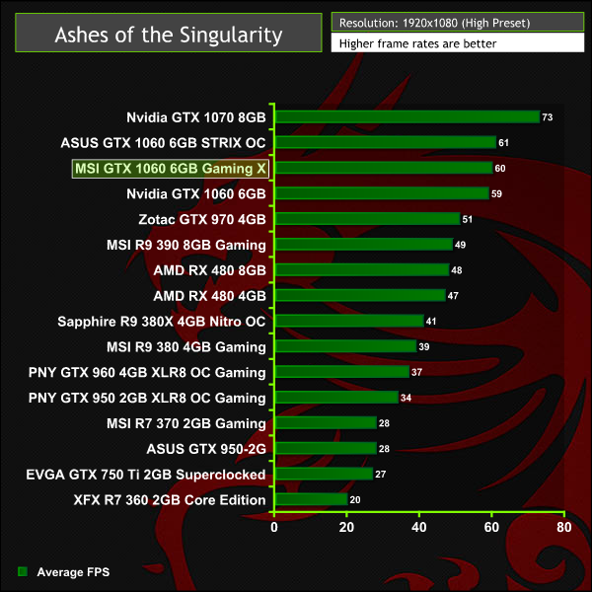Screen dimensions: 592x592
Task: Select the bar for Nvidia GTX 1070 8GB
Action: [x=407, y=116]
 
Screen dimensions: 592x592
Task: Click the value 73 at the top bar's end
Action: [x=548, y=117]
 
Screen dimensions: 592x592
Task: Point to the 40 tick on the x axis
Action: [x=419, y=527]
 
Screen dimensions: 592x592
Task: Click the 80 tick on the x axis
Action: [x=563, y=527]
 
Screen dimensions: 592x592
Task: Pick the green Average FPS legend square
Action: [x=22, y=571]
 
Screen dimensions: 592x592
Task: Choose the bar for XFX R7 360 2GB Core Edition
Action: [x=311, y=500]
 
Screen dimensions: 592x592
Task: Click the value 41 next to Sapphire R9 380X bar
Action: [x=431, y=322]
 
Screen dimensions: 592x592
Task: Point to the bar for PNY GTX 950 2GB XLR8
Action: [x=335, y=398]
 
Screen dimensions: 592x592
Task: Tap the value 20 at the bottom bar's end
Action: [x=355, y=501]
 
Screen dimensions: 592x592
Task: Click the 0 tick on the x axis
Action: [x=274, y=527]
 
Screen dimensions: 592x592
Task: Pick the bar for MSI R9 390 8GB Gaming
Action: [x=363, y=244]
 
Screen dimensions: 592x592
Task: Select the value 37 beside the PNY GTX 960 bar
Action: [x=416, y=373]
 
